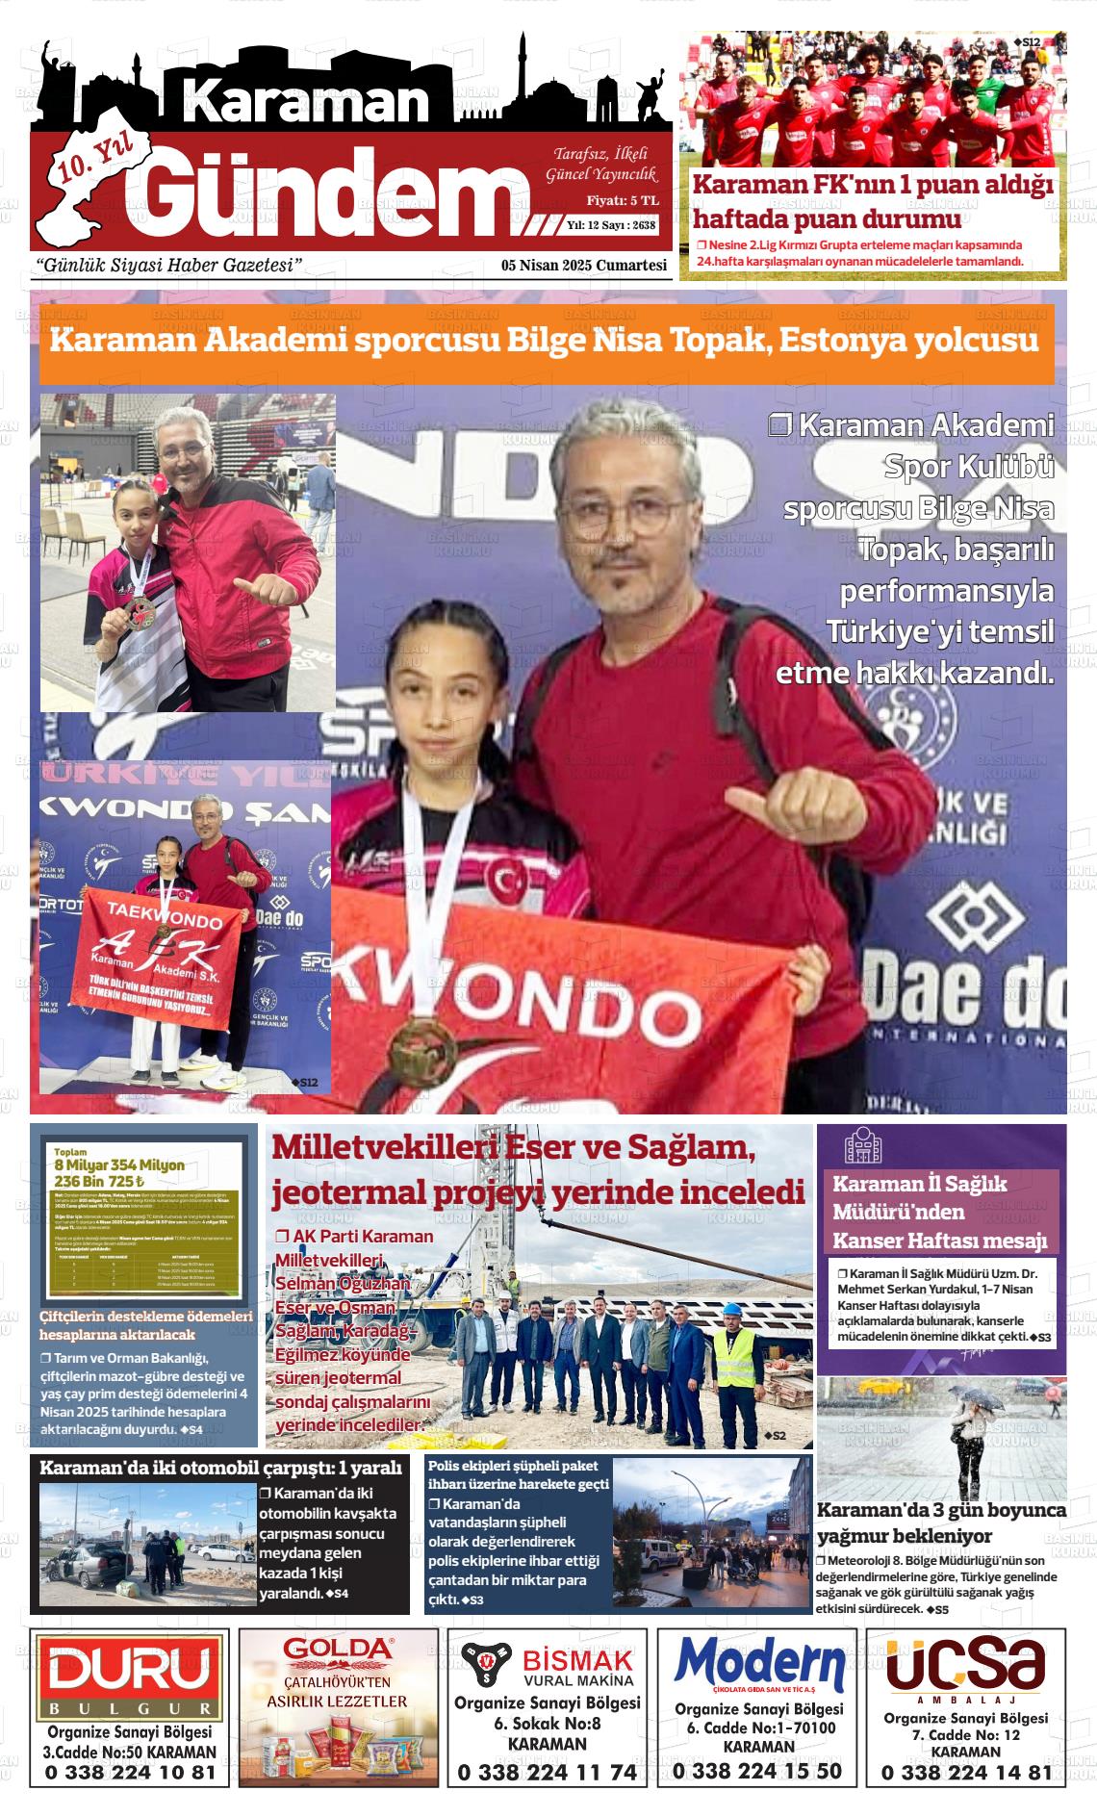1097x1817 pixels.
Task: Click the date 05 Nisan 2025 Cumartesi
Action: [x=584, y=266]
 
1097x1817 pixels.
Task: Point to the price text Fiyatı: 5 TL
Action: [x=623, y=200]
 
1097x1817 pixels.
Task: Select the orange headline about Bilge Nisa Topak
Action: [x=546, y=342]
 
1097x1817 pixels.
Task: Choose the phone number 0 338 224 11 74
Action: [x=547, y=1772]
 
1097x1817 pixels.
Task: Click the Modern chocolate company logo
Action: [x=759, y=1665]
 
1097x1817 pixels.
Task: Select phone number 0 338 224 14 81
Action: [x=966, y=1773]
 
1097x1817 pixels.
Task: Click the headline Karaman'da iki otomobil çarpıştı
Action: [x=220, y=1468]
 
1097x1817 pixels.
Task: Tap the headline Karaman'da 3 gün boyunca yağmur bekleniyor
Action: [x=940, y=1523]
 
